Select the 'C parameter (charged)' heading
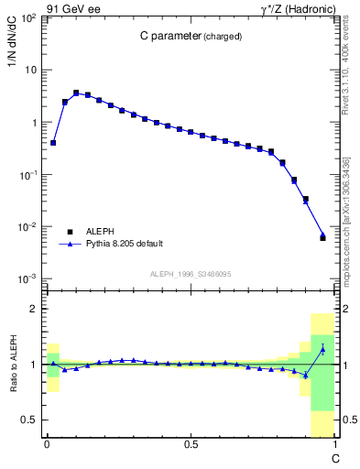[191, 37]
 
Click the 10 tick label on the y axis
[29, 71]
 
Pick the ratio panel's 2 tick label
[34, 310]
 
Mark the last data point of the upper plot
[322, 237]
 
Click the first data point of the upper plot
[53, 143]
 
